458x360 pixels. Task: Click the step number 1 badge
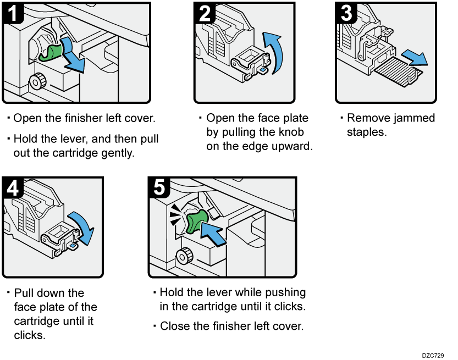(13, 13)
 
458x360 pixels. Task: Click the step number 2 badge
(205, 13)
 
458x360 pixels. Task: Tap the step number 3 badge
(346, 13)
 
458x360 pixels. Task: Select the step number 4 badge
(13, 187)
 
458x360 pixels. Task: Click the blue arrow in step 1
(73, 56)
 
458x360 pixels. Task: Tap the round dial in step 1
(37, 82)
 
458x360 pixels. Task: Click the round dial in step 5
(183, 256)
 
